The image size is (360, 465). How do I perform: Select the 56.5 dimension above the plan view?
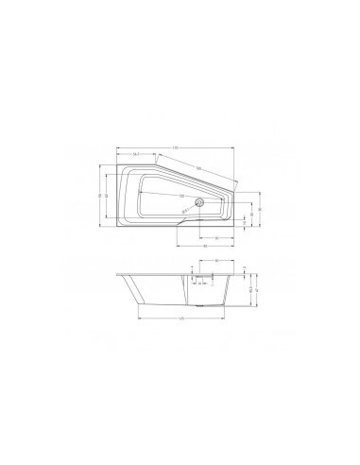[x=137, y=154]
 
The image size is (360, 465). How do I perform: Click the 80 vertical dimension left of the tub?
[x=99, y=196]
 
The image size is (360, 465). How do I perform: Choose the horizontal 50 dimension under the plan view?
[x=216, y=237]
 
